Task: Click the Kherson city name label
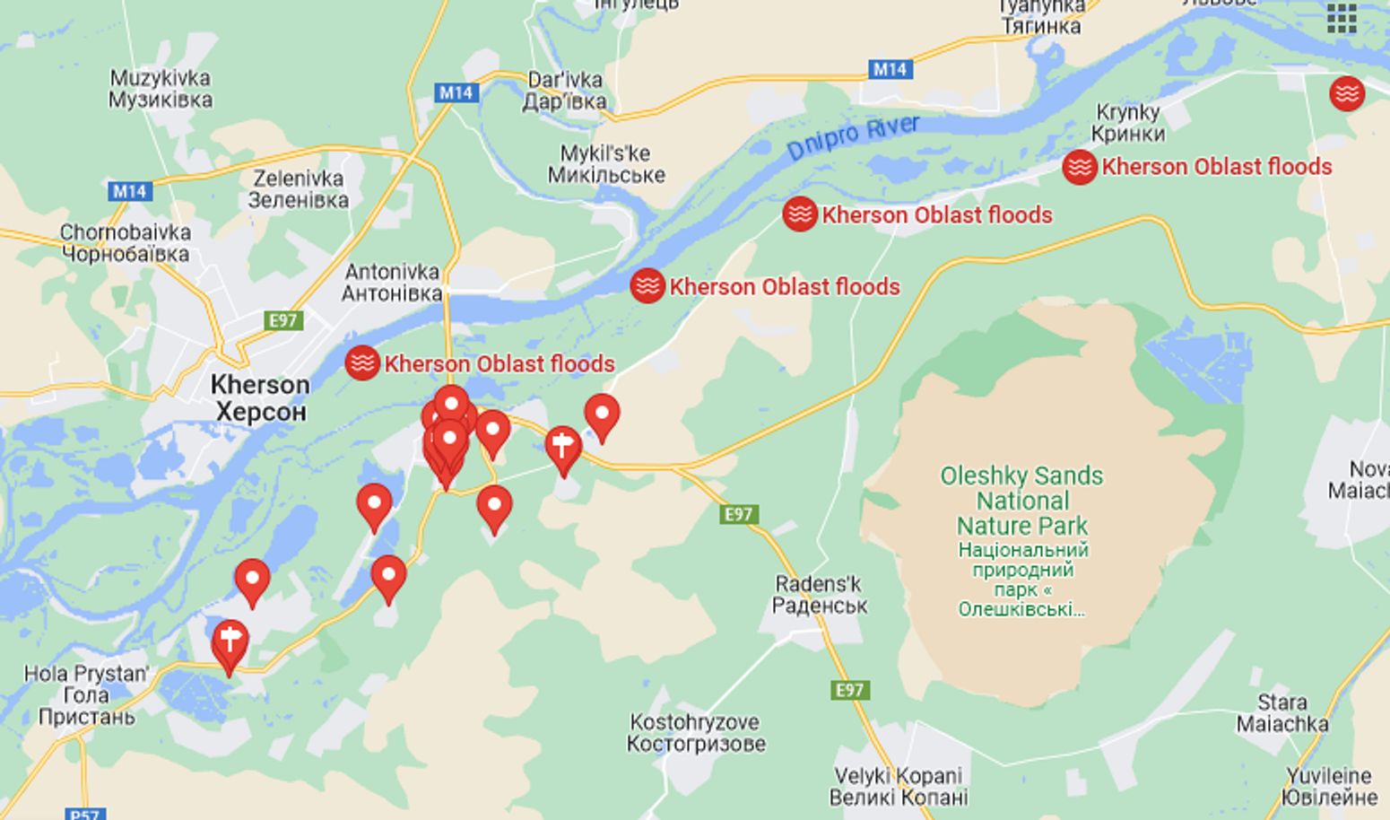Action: [x=260, y=397]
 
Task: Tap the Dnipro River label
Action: [x=853, y=137]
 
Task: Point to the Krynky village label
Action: [x=1128, y=123]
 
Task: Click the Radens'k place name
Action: [x=819, y=594]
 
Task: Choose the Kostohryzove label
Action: [x=696, y=732]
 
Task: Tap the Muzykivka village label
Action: [x=161, y=88]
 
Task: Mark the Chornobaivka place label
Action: [x=126, y=242]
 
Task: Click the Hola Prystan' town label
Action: [x=86, y=694]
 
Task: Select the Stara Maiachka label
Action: [x=1281, y=712]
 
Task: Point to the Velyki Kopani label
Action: [x=899, y=786]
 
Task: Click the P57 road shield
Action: [x=84, y=814]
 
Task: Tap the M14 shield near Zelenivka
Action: [x=130, y=191]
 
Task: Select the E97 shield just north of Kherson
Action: [x=283, y=320]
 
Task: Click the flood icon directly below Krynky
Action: [x=1080, y=167]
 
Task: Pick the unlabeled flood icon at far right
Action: [x=1346, y=93]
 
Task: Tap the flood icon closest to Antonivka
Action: [x=362, y=362]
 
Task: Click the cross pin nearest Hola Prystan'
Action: [x=230, y=641]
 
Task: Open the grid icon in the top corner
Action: [x=1342, y=17]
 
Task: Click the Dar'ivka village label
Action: [x=564, y=90]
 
